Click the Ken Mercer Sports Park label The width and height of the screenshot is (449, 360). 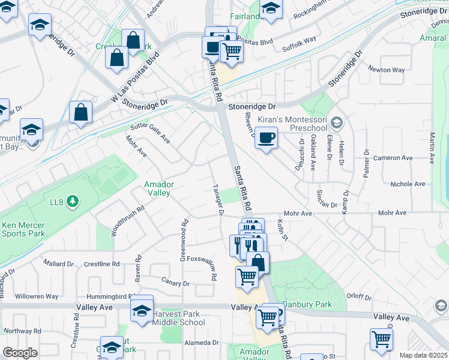(23, 229)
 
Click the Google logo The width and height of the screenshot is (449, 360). (20, 353)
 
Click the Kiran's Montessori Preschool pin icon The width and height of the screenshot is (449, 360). (337, 124)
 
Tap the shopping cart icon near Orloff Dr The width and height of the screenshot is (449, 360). (381, 340)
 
